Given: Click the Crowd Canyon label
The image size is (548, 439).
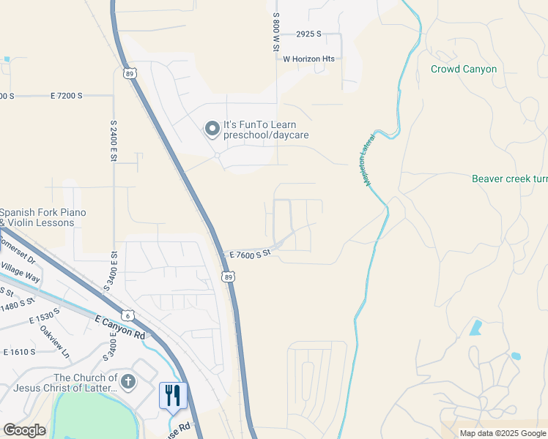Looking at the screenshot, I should [463, 70].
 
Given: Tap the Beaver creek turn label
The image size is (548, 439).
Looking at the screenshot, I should [510, 179].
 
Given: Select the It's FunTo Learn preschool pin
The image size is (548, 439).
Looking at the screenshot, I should [212, 130].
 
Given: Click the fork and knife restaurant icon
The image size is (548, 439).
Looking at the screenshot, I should [173, 396].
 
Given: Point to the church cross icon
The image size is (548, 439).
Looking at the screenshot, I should [128, 381].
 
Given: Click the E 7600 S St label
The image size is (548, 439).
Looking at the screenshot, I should [250, 254].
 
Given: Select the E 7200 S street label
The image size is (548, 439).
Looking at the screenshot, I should [67, 96].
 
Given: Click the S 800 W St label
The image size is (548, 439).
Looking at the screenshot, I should [276, 31].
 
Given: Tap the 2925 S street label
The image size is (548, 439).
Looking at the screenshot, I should [309, 34].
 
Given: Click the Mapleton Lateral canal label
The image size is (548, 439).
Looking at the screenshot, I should [371, 159].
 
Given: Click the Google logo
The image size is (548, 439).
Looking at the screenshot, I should [24, 430].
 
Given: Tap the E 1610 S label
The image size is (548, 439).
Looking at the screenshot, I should [19, 352].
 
